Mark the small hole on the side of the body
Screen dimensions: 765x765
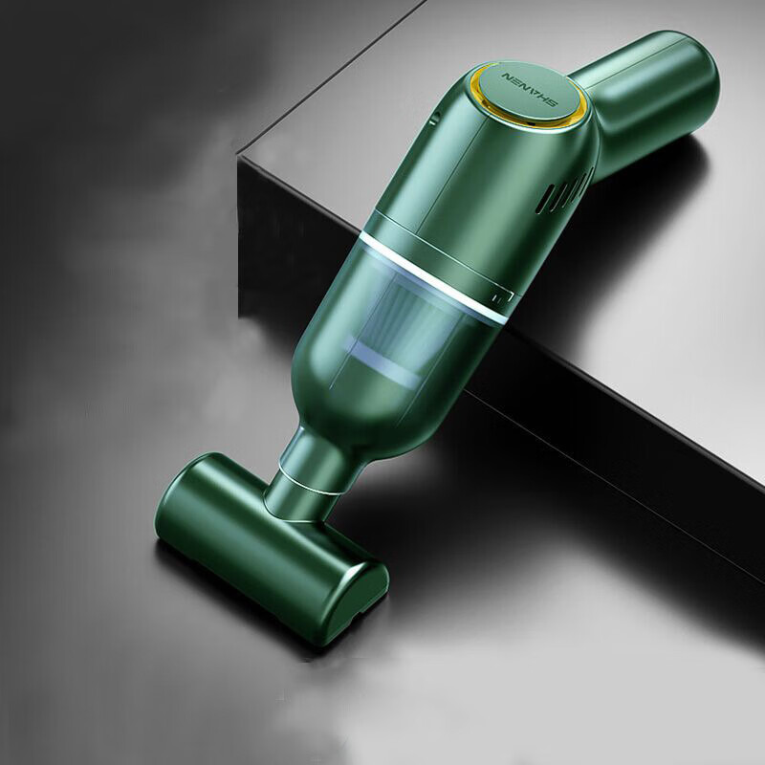432,120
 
